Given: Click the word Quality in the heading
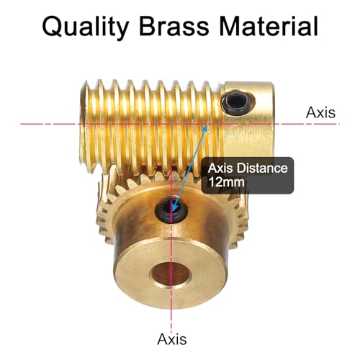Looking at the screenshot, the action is (86, 26).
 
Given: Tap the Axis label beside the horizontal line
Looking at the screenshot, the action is (320, 112).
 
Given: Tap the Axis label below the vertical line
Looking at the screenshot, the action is (172, 339).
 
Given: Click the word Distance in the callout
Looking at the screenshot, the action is (262, 168).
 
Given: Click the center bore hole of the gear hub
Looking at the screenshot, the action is (171, 274).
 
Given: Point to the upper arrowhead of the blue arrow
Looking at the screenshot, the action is (205, 127).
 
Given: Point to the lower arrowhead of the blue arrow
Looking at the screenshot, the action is (174, 209).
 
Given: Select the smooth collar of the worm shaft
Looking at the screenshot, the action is (248, 120).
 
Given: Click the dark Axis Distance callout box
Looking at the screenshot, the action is (248, 175).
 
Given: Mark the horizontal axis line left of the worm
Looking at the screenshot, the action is (50, 124).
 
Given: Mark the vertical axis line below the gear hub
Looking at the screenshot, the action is (171, 318).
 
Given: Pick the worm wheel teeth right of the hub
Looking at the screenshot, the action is (236, 223).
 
